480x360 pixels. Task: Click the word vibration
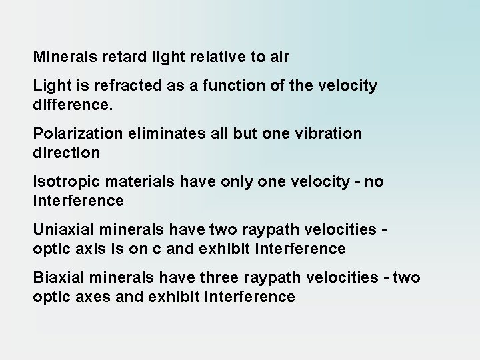[x=330, y=133]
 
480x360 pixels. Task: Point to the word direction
[x=66, y=153]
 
